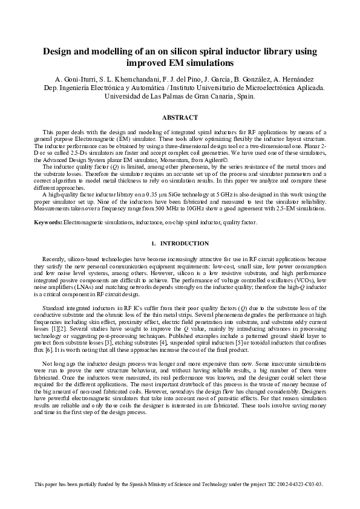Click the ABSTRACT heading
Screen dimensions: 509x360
180,117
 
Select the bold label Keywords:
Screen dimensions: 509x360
48,223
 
